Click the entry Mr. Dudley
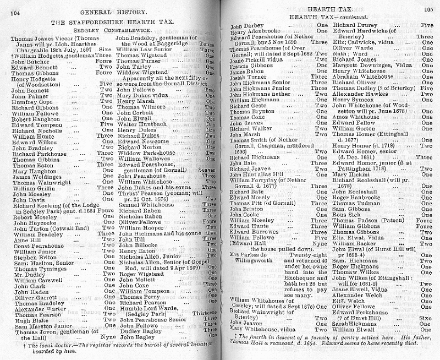[26, 274]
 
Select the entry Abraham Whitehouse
[363, 77]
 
